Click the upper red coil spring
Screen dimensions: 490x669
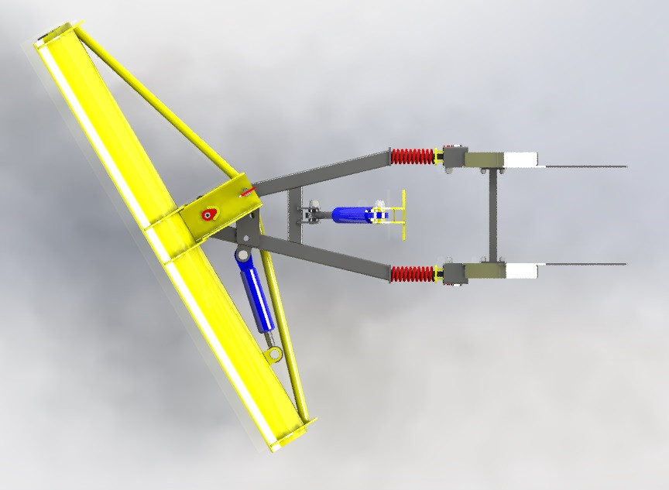[413, 156]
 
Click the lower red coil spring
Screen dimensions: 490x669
[413, 273]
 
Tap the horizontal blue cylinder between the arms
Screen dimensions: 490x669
[352, 214]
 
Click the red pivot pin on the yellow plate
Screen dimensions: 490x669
[208, 214]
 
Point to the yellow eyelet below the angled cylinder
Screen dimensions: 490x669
[274, 355]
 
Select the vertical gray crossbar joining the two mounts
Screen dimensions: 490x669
[490, 215]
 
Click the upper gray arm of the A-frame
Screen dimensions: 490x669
[325, 172]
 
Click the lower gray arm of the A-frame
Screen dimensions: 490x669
[325, 255]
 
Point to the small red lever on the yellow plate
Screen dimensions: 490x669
[247, 191]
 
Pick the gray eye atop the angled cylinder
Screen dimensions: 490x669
[242, 255]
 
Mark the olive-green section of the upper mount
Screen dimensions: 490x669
[483, 159]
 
